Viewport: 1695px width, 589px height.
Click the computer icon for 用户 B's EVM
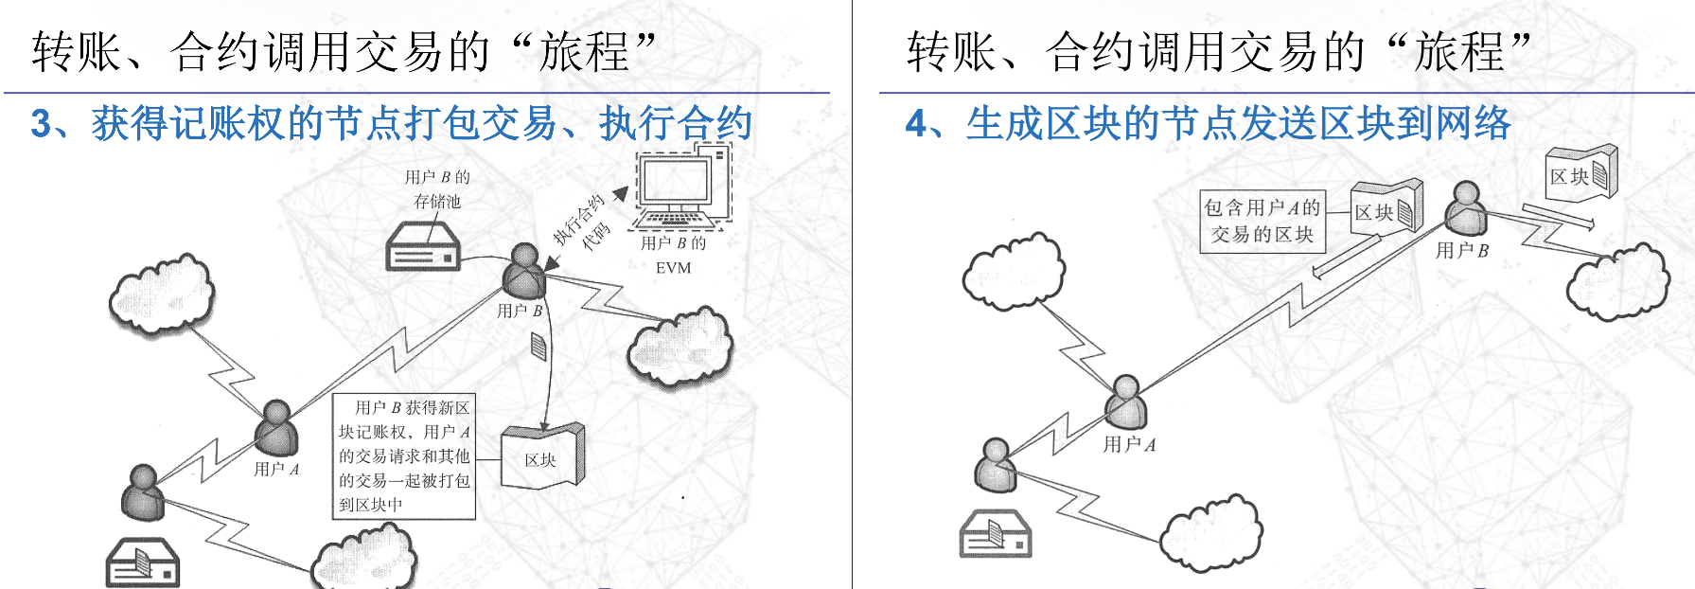pyautogui.click(x=678, y=189)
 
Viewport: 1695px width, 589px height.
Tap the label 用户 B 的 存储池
pyautogui.click(x=436, y=188)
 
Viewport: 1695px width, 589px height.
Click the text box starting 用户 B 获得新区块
pyautogui.click(x=404, y=456)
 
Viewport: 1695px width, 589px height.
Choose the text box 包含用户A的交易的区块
pyautogui.click(x=1262, y=221)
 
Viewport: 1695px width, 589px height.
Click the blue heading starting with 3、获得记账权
pyautogui.click(x=391, y=124)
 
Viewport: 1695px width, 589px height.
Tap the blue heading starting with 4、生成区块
pyautogui.click(x=1208, y=124)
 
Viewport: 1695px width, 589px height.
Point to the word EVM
pyautogui.click(x=673, y=268)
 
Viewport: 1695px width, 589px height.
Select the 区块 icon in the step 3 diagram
pyautogui.click(x=542, y=457)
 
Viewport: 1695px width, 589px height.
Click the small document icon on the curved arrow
pyautogui.click(x=539, y=347)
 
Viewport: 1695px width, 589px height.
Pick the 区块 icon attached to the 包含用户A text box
pyautogui.click(x=1386, y=209)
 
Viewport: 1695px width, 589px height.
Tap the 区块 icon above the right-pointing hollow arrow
pyautogui.click(x=1580, y=173)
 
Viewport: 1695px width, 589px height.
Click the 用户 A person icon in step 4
pyautogui.click(x=1126, y=402)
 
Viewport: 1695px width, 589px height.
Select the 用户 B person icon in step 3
pyautogui.click(x=523, y=271)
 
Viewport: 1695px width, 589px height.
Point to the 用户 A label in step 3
pyautogui.click(x=276, y=469)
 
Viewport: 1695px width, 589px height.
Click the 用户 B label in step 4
pyautogui.click(x=1461, y=250)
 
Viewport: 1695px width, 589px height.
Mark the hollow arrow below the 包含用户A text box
pyautogui.click(x=1345, y=257)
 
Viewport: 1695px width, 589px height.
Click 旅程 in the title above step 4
pyautogui.click(x=1458, y=51)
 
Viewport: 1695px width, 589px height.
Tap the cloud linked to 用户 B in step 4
pyautogui.click(x=1617, y=280)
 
